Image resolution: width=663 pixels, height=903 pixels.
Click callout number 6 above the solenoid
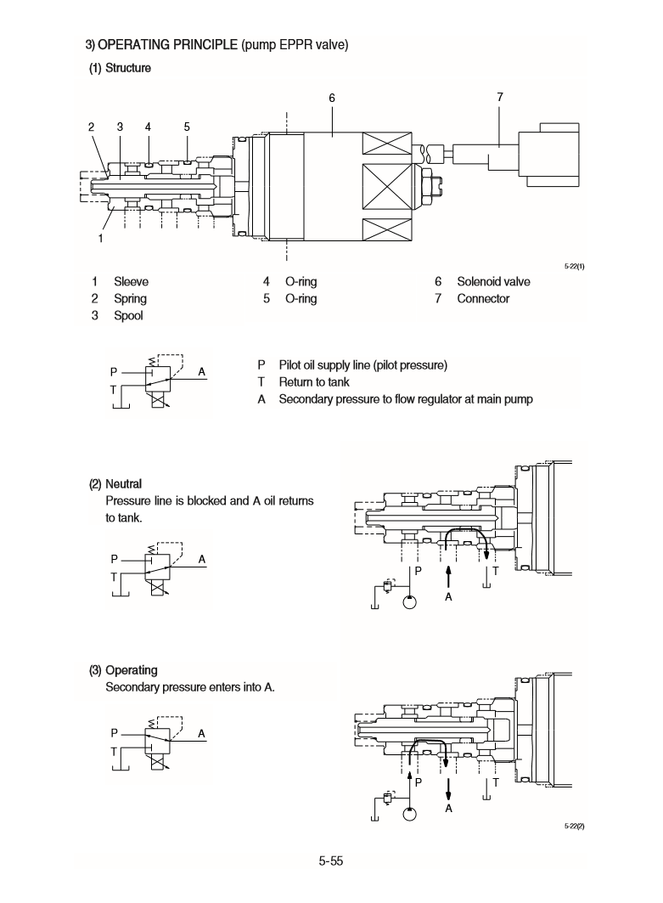(x=333, y=98)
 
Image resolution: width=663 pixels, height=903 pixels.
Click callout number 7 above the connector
(x=500, y=98)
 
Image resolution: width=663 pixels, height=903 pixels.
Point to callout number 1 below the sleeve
(x=100, y=238)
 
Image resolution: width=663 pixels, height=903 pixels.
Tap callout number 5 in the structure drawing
(x=187, y=127)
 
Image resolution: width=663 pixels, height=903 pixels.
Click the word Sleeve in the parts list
(x=131, y=282)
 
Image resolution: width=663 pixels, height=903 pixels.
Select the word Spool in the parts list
(x=128, y=316)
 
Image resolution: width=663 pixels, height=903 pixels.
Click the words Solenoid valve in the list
(x=493, y=282)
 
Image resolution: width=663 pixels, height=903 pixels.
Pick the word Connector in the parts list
(x=483, y=299)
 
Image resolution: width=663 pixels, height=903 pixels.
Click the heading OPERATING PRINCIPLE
(x=167, y=44)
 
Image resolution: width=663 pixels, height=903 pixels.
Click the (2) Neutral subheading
(x=115, y=484)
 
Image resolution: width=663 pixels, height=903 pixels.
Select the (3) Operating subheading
(x=123, y=670)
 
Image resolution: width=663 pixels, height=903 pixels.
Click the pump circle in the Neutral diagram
(x=409, y=601)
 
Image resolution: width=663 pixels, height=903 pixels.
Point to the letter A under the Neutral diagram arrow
(x=448, y=598)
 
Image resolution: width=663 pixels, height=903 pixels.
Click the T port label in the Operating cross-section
(x=495, y=781)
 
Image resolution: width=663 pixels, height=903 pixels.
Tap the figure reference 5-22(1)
(x=575, y=266)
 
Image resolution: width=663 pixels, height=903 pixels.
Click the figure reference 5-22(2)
(x=575, y=826)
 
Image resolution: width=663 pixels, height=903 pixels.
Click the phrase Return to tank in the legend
(x=314, y=382)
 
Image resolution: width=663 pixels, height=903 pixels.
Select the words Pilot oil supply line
(x=331, y=365)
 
